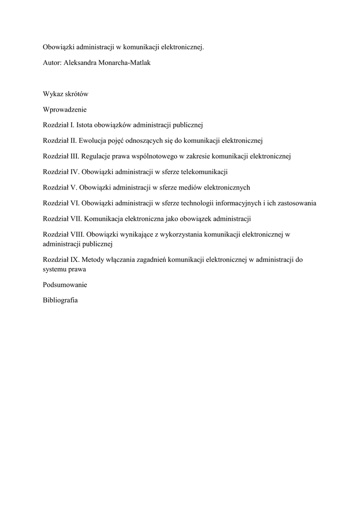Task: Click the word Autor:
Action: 52,63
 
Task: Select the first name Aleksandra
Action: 80,63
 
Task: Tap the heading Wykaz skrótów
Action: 66,94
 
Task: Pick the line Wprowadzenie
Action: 65,110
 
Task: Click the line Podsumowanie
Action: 65,285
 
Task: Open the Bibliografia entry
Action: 61,301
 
